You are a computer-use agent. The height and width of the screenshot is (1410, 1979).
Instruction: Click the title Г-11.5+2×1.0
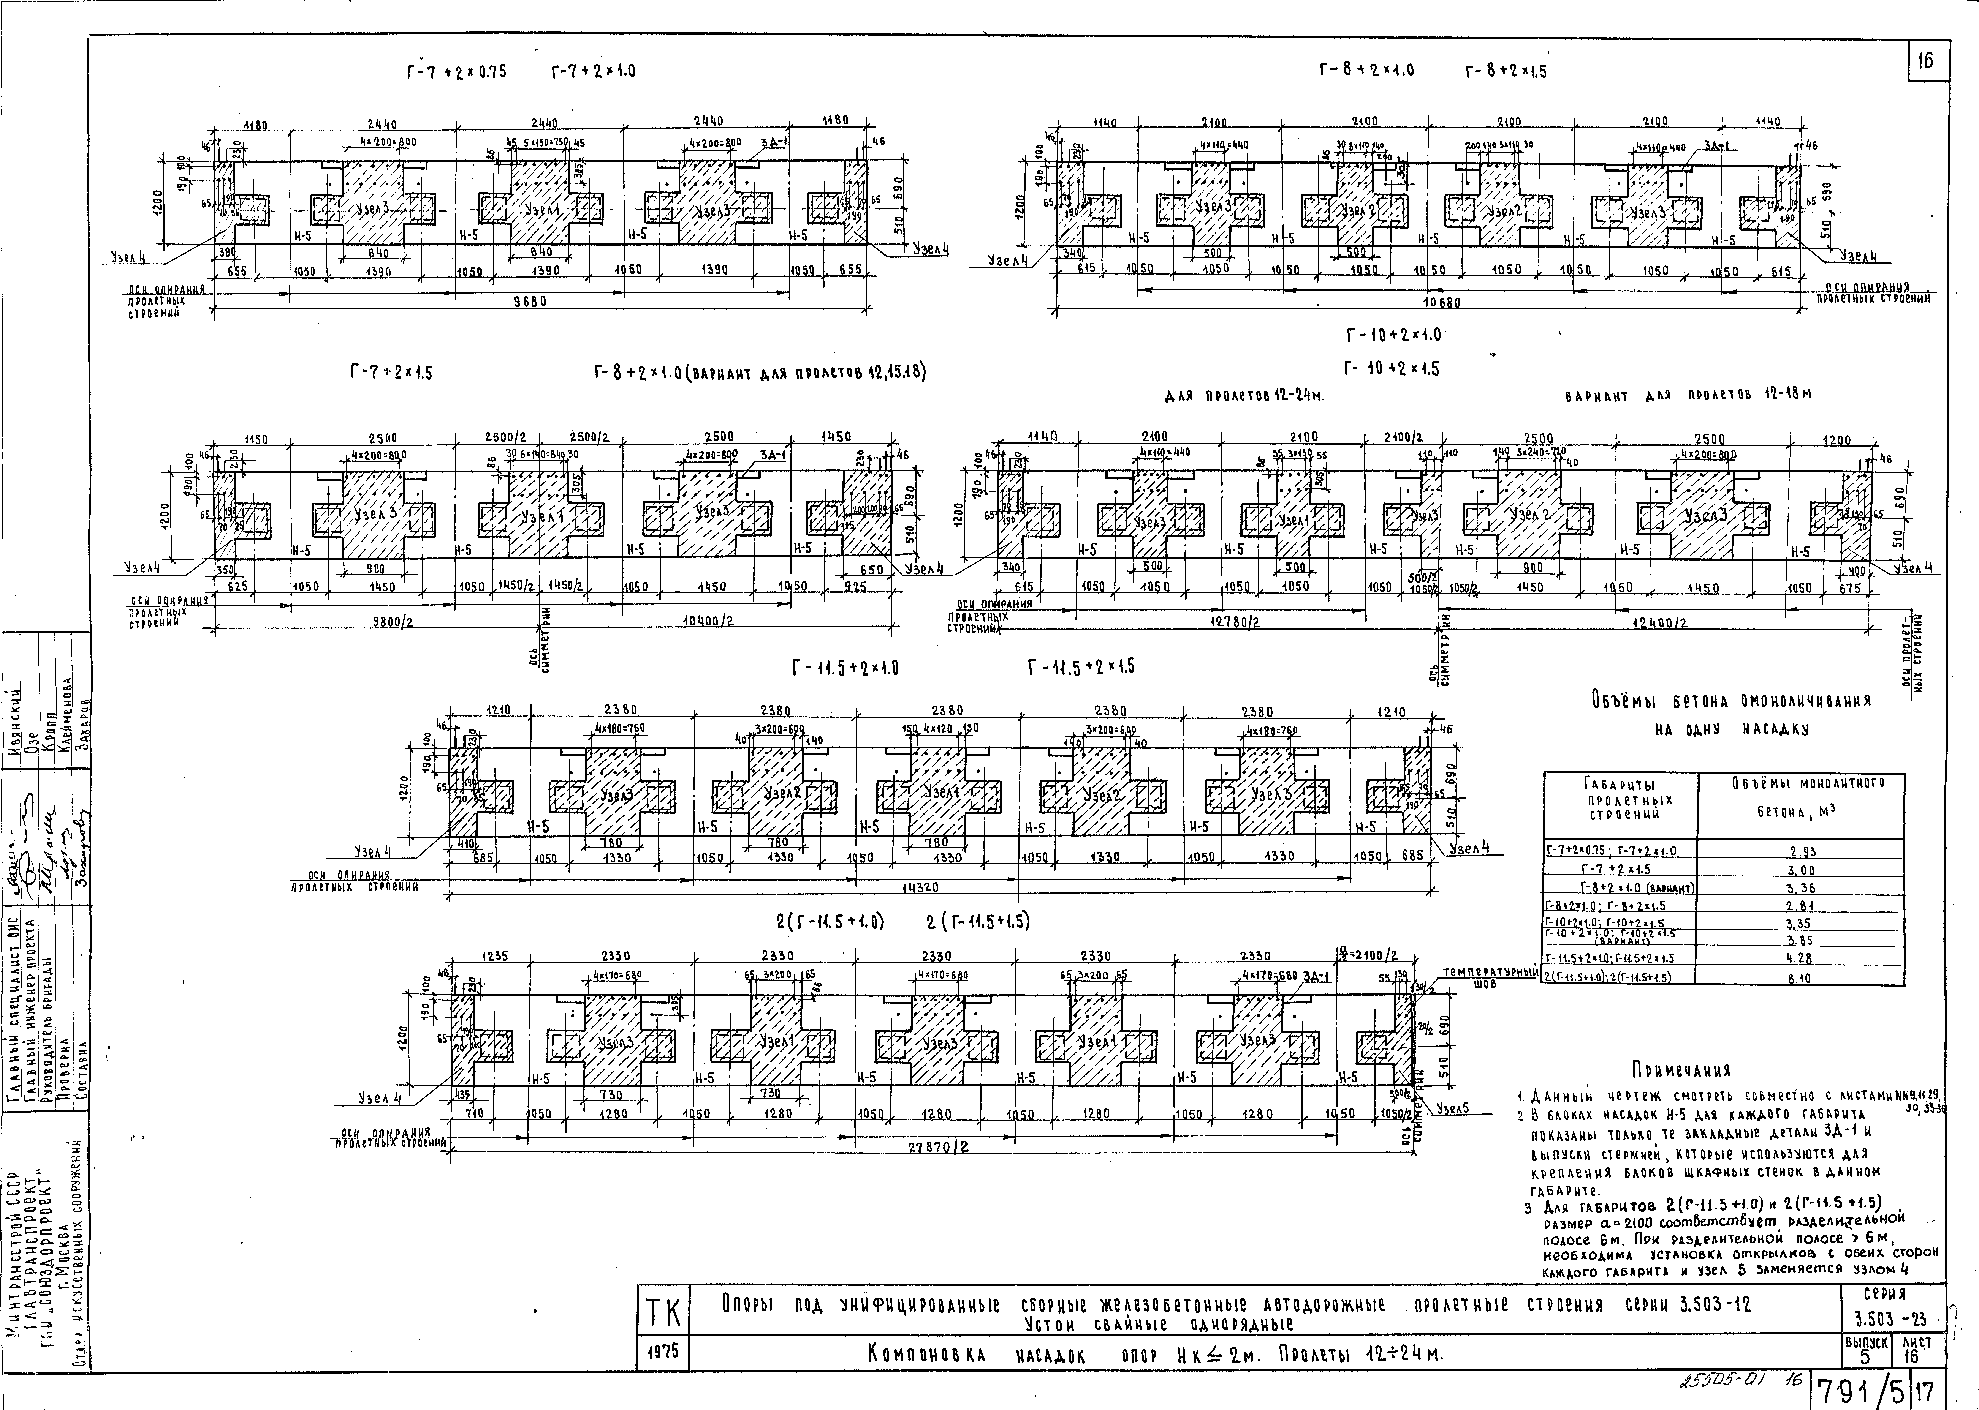pos(845,668)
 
